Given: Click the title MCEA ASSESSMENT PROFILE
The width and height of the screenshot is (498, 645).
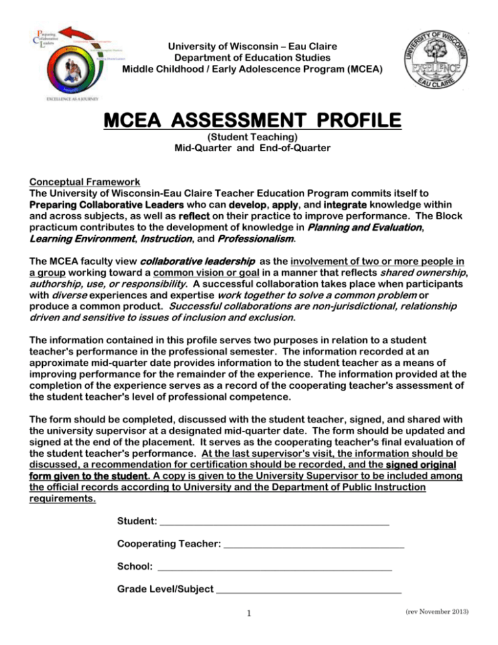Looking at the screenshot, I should pyautogui.click(x=249, y=121).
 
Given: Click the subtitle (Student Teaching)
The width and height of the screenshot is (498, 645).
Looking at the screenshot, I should pyautogui.click(x=249, y=138).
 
